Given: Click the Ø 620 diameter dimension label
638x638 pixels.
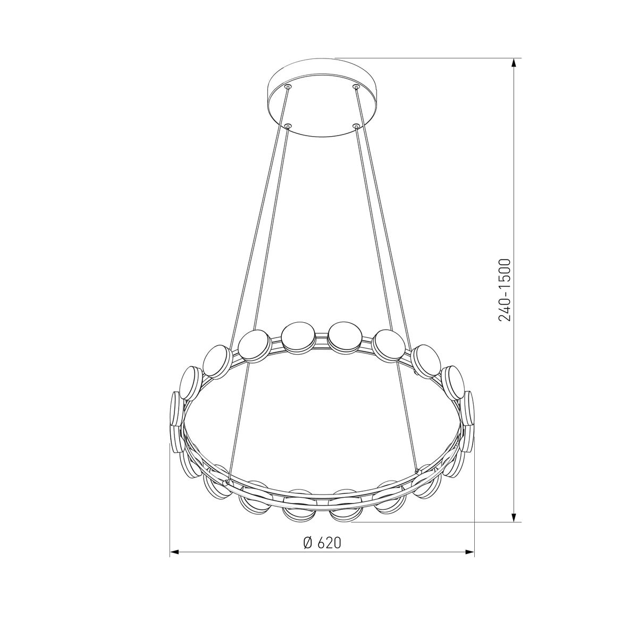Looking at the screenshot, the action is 322,542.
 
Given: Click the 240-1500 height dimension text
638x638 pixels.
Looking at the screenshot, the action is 505,290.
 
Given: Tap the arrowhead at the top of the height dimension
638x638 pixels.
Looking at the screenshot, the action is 514,64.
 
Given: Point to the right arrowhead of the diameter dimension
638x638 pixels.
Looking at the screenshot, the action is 468,552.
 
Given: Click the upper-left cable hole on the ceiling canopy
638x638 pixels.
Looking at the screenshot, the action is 288,87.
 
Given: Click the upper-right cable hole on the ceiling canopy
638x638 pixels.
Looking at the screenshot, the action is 356,87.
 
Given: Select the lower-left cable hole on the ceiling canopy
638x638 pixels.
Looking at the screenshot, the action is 288,126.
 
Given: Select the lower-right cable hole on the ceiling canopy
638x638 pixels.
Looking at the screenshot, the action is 356,126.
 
